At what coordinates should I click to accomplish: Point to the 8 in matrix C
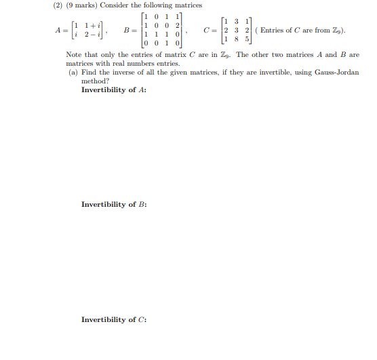237,39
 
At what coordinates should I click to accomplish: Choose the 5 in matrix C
246,39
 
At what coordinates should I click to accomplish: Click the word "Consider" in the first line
115,5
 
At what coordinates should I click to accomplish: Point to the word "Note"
74,55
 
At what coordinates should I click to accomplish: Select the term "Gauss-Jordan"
337,72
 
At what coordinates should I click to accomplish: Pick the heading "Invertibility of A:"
114,89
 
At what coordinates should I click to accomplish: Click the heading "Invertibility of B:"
114,204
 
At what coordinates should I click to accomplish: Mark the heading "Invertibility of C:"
114,319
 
